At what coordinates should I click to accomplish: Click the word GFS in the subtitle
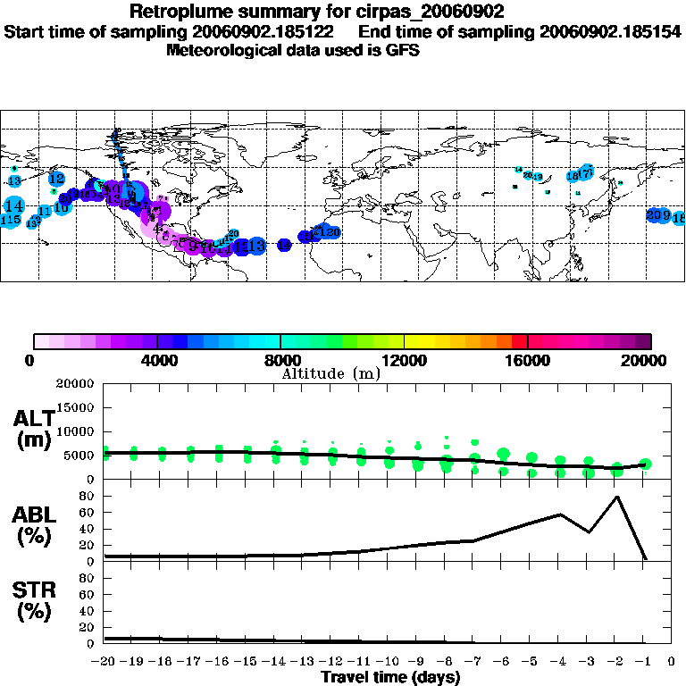pyautogui.click(x=402, y=50)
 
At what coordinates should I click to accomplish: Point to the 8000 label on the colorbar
pyautogui.click(x=280, y=361)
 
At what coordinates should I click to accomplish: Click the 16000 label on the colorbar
pyautogui.click(x=528, y=361)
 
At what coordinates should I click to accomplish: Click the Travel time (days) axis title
pyautogui.click(x=390, y=678)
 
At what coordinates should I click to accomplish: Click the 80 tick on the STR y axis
pyautogui.click(x=88, y=578)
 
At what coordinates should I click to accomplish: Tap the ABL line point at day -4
pyautogui.click(x=560, y=514)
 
